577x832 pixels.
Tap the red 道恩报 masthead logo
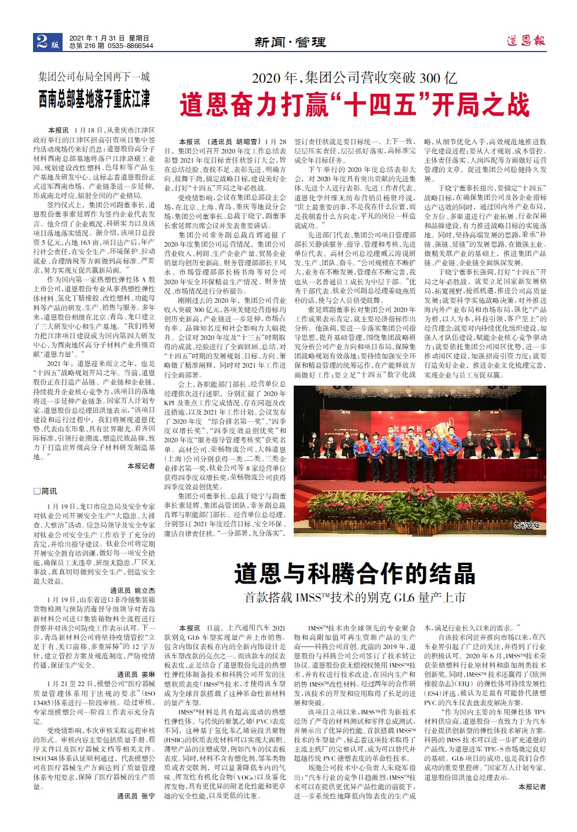525,41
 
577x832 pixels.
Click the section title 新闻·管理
290,42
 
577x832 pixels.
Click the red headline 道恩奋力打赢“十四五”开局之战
354,105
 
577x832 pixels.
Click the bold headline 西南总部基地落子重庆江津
94,98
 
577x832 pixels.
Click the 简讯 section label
46,491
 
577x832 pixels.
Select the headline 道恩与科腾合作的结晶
355,574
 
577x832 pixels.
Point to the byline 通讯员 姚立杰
133,591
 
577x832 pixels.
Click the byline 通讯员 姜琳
136,675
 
